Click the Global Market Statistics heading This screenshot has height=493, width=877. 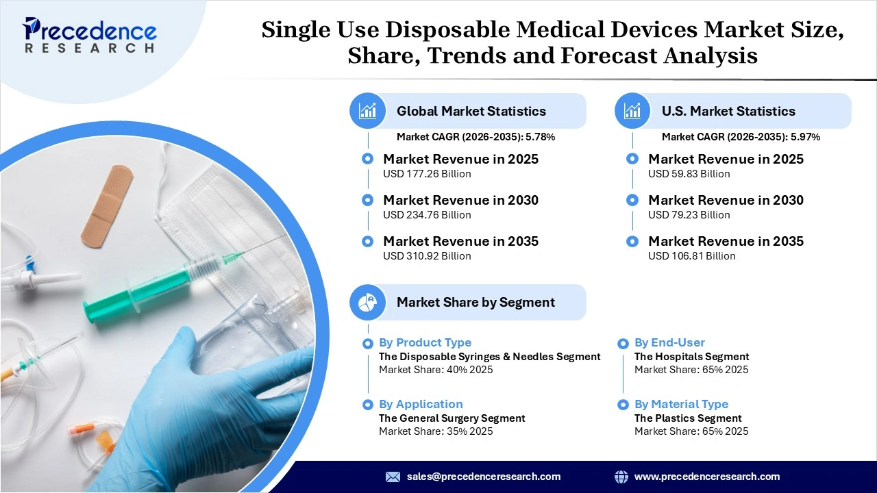pyautogui.click(x=471, y=111)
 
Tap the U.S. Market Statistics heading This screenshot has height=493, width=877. pyautogui.click(x=728, y=111)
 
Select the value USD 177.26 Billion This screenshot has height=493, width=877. pyautogui.click(x=427, y=174)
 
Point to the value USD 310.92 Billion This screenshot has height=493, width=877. pyautogui.click(x=427, y=256)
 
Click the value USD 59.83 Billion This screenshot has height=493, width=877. pyautogui.click(x=689, y=174)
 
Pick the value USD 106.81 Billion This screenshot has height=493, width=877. pyautogui.click(x=691, y=256)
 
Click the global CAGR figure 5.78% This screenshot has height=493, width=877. pyautogui.click(x=540, y=137)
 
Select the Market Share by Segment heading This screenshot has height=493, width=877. pyautogui.click(x=475, y=302)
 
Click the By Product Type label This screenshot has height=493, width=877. pyautogui.click(x=425, y=342)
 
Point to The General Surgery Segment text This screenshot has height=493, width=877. pyautogui.click(x=452, y=418)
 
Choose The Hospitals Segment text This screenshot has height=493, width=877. pyautogui.click(x=691, y=356)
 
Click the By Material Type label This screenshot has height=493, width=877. pyautogui.click(x=681, y=404)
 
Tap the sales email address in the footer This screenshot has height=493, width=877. pyautogui.click(x=483, y=477)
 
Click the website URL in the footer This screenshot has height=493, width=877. pyautogui.click(x=706, y=477)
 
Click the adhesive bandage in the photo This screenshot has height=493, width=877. pyautogui.click(x=107, y=205)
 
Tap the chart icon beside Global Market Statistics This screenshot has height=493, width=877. pyautogui.click(x=368, y=111)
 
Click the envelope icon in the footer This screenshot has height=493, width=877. pyautogui.click(x=393, y=477)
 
